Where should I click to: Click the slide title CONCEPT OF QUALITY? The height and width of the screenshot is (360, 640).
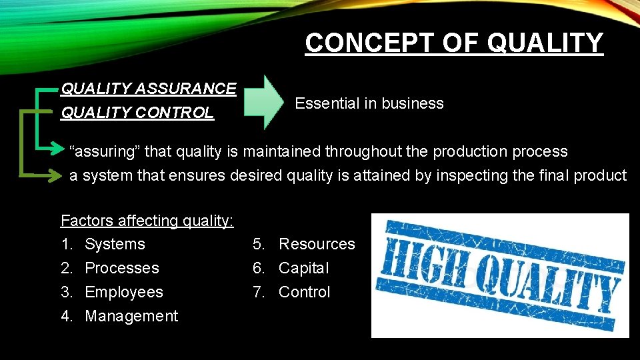pyautogui.click(x=454, y=43)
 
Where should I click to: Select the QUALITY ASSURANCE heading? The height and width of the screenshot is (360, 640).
pyautogui.click(x=148, y=89)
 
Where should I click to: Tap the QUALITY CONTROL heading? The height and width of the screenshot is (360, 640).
pyautogui.click(x=137, y=113)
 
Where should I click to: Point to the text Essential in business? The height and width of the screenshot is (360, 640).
pyautogui.click(x=369, y=103)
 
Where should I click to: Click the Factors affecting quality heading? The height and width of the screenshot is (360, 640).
pyautogui.click(x=147, y=220)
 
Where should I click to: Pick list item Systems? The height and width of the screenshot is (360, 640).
pyautogui.click(x=115, y=244)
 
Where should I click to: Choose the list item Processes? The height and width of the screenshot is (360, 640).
pyautogui.click(x=122, y=268)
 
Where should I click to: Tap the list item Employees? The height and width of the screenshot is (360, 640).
pyautogui.click(x=124, y=292)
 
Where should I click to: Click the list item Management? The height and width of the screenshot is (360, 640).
pyautogui.click(x=131, y=316)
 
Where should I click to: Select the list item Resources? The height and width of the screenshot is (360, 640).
pyautogui.click(x=317, y=244)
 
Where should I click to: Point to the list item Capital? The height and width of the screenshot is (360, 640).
pyautogui.click(x=304, y=268)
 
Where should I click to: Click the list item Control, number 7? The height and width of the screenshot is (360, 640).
pyautogui.click(x=305, y=292)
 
